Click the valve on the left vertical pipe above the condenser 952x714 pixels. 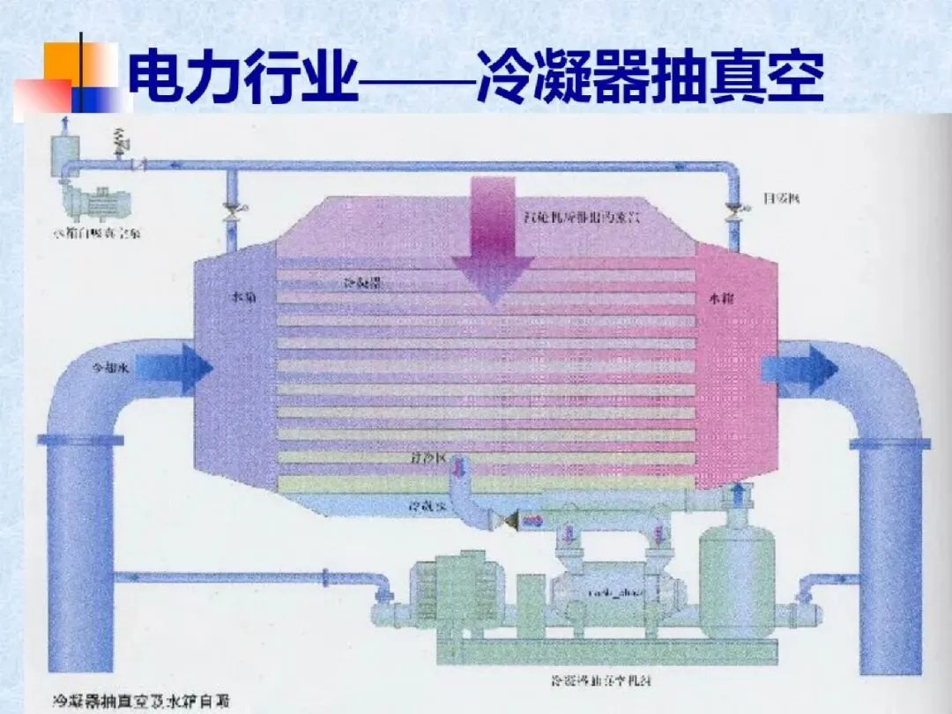pos(232,209)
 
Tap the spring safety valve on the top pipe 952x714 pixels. pos(121,140)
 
